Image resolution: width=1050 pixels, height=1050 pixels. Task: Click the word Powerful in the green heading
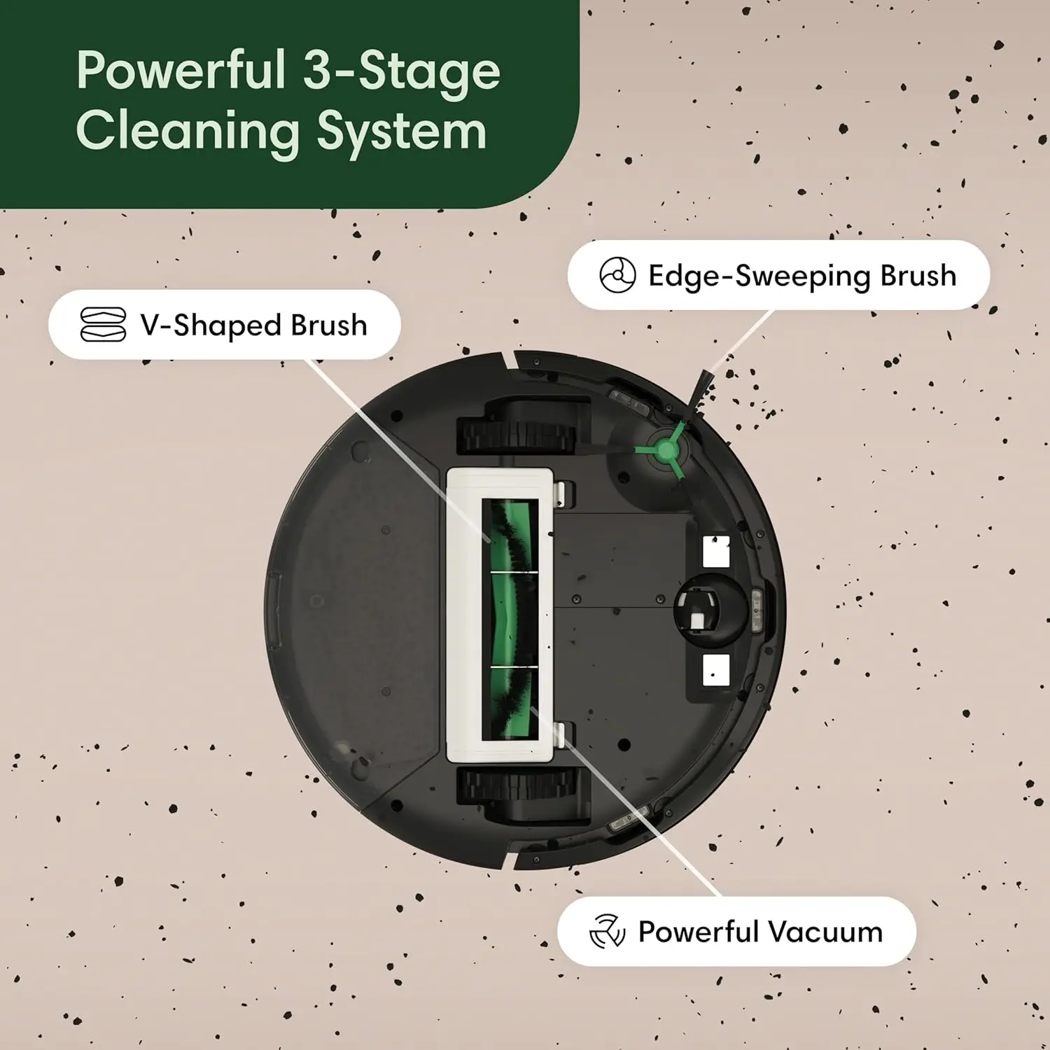(x=181, y=71)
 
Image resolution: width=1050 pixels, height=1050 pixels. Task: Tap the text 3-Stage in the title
(x=401, y=72)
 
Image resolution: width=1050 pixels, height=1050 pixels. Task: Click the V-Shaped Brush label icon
(x=103, y=325)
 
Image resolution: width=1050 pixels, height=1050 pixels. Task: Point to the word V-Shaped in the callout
(x=211, y=325)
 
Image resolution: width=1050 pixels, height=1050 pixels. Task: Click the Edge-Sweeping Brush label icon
(x=617, y=275)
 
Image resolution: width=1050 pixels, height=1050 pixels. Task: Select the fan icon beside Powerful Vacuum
(x=606, y=931)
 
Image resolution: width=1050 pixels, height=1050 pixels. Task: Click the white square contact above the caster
(x=715, y=552)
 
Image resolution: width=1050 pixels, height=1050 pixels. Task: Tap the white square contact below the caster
(x=715, y=670)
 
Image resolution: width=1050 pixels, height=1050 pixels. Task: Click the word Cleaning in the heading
(x=188, y=132)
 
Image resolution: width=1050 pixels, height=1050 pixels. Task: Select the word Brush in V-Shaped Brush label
(x=329, y=325)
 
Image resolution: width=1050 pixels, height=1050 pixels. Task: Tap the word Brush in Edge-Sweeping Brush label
(x=918, y=276)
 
